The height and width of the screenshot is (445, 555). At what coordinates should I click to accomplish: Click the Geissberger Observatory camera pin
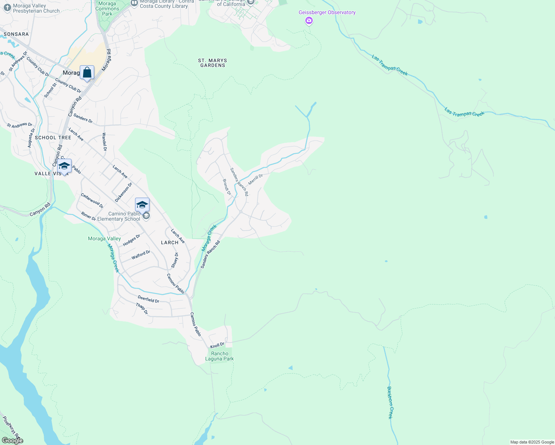pos(309,21)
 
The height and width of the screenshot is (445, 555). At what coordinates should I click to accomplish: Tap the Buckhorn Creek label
pos(390,403)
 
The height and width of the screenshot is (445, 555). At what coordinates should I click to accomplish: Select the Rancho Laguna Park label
pos(220,356)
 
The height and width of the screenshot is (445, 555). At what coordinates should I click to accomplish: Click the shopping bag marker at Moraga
pos(87,73)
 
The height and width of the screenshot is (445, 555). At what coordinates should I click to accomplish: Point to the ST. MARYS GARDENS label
pos(213,63)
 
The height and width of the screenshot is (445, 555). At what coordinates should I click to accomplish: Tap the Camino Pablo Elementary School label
pos(119,216)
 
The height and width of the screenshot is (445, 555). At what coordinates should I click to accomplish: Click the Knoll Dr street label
pos(217,345)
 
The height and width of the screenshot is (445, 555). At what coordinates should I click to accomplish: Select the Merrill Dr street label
pos(256,179)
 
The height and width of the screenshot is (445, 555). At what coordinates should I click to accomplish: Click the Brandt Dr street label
pos(227,187)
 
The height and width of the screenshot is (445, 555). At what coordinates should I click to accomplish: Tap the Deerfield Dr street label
pos(148,299)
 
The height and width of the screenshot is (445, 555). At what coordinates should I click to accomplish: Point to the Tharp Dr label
pos(142,309)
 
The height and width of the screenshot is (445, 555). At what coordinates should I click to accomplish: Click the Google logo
pos(13,441)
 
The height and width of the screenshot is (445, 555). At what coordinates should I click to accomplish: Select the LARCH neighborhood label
pos(170,243)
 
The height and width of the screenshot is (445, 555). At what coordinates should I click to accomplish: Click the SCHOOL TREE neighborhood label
pos(53,138)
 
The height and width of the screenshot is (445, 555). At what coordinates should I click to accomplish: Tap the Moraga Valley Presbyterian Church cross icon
pos(7,8)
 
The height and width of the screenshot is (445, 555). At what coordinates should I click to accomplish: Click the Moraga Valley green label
pos(104,238)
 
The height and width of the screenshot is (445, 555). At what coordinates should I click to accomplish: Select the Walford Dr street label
pos(141,255)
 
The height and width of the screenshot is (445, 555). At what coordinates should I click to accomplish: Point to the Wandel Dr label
pos(104,142)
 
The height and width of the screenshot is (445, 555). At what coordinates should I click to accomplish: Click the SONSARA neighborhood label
pos(16,34)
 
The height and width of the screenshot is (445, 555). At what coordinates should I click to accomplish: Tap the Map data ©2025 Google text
pos(532,442)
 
